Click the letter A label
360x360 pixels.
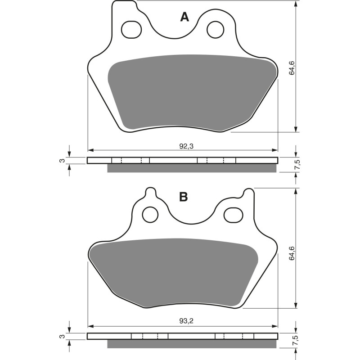pos(184,17)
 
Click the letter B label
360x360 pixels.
pos(183,197)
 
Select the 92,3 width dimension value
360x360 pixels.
pos(183,146)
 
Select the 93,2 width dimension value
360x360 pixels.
pos(183,321)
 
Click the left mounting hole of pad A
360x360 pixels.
pos(130,29)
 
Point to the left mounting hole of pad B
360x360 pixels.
pos(149,215)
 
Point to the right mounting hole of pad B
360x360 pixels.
pos(232,214)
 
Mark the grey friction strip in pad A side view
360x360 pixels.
pos(191,168)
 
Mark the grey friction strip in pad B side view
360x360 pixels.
pos(191,344)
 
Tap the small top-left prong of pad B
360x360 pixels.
pos(150,193)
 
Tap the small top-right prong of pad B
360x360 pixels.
pos(247,193)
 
